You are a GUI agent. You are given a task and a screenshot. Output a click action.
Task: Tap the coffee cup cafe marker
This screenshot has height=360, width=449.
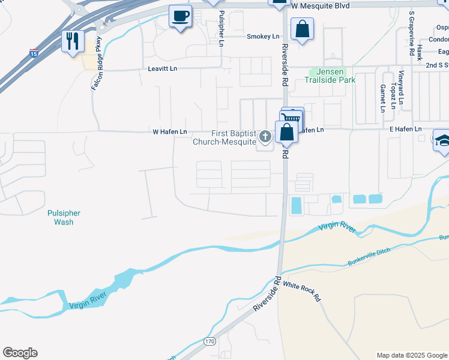pos(179,16)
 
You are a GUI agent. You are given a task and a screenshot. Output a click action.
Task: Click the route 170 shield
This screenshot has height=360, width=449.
pos(209,341)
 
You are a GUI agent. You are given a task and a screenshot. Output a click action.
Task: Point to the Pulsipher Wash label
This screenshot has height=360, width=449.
pos(64,217)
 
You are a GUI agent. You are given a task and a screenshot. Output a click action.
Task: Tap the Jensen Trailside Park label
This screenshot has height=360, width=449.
pos(330,76)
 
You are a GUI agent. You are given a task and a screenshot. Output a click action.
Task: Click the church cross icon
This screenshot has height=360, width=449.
pos(264,138)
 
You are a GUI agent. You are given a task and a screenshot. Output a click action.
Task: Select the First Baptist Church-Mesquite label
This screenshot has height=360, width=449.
pos(224,138)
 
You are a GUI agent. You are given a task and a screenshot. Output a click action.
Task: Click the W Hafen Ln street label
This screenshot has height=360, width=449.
pos(170,131)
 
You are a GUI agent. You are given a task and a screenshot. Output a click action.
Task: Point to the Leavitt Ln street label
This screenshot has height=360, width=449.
pos(163,69)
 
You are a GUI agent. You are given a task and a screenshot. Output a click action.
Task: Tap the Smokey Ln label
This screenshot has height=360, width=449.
pos(263,37)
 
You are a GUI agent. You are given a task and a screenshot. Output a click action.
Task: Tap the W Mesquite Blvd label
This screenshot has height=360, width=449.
pos(319,5)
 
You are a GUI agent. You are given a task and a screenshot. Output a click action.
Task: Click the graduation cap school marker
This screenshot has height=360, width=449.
pos(442,141)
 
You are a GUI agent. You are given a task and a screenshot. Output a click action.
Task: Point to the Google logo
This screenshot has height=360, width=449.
pos(20,353)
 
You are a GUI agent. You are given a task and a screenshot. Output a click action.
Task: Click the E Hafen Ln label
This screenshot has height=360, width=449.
pos(405,130)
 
